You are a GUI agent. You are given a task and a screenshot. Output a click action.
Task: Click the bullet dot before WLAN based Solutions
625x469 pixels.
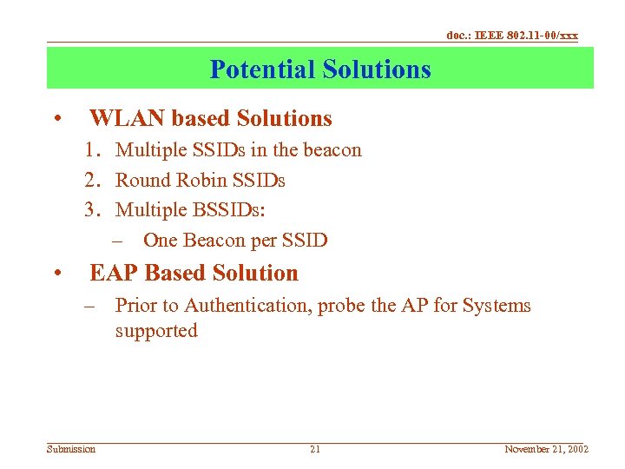click(x=56, y=119)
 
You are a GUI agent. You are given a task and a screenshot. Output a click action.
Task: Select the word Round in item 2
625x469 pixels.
click(x=141, y=181)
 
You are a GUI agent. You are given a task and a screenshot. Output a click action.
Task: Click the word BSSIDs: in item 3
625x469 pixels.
click(x=224, y=210)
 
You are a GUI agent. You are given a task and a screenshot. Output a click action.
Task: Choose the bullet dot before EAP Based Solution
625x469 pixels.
click(x=56, y=274)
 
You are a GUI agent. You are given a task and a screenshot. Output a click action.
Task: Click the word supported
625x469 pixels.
click(x=156, y=331)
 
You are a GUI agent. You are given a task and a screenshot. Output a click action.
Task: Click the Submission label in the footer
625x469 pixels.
click(x=71, y=449)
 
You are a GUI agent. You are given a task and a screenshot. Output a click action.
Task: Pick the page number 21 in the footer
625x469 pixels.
click(x=315, y=449)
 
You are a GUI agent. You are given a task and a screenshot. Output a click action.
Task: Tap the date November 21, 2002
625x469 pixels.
click(x=547, y=449)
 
